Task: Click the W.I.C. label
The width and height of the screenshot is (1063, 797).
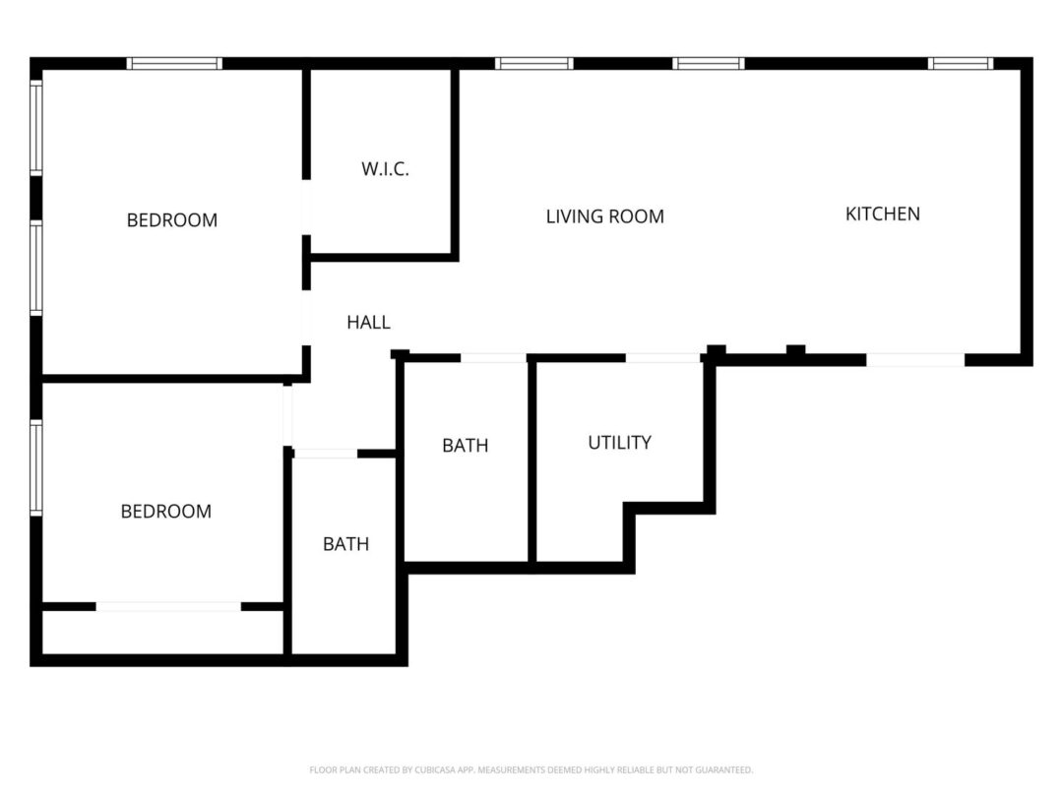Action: click(385, 169)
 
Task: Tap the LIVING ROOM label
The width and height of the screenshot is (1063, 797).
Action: click(604, 216)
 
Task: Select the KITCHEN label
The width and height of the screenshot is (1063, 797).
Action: click(883, 215)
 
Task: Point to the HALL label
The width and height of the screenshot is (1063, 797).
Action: click(368, 322)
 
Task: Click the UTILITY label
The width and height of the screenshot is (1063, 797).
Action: click(620, 443)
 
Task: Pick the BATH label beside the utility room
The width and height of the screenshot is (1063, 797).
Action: click(465, 446)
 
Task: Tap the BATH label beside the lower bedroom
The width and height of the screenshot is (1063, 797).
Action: click(345, 543)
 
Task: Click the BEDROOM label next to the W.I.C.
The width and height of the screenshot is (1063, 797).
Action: click(172, 219)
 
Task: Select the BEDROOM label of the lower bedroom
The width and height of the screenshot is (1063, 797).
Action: click(166, 511)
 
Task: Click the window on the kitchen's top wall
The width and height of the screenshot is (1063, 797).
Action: click(960, 64)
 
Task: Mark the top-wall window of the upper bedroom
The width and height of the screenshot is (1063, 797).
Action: click(174, 64)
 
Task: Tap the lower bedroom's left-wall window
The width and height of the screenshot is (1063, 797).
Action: click(36, 467)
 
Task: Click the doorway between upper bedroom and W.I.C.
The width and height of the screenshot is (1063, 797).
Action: click(306, 208)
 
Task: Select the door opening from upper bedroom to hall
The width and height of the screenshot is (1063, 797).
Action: click(306, 318)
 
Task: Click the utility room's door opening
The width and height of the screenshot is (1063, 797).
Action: click(662, 358)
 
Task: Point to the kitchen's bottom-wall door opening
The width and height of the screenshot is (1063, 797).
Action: click(915, 360)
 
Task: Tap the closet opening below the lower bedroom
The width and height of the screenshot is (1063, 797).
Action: click(168, 606)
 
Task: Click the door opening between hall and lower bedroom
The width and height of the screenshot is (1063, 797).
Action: click(287, 415)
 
